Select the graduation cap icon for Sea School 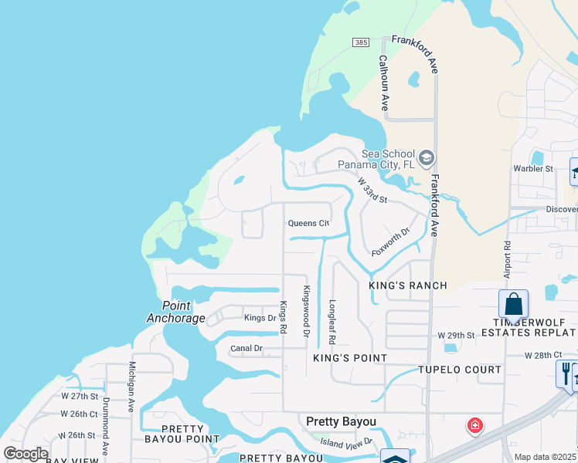pos(426,160)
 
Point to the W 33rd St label pos(372,191)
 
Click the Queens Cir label pos(308,223)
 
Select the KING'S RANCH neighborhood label pos(407,286)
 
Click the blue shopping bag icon pos(514,303)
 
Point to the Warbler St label pos(534,168)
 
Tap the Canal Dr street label pos(246,349)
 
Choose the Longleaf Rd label pos(332,321)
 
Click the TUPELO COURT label pos(461,370)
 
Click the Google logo pos(25,454)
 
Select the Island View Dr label pos(347,442)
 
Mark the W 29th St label pos(455,336)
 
